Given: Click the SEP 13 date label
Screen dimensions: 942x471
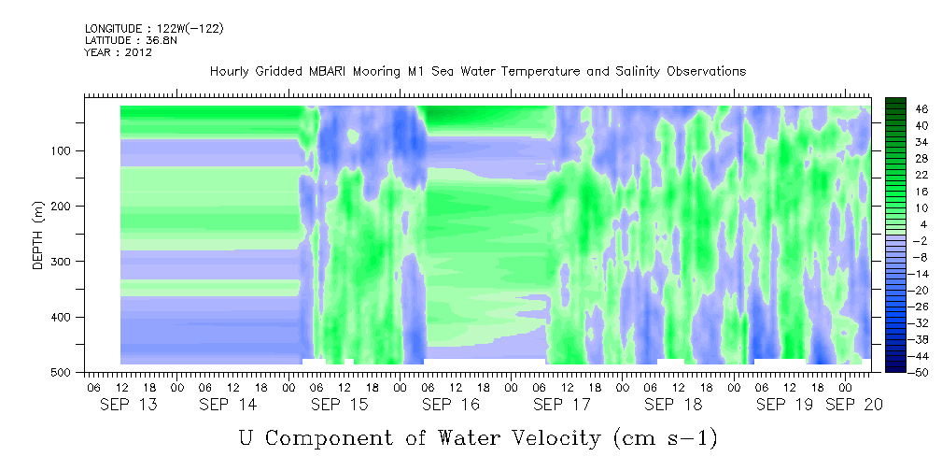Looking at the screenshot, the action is (129, 405).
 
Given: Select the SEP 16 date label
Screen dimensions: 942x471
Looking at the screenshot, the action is (451, 405).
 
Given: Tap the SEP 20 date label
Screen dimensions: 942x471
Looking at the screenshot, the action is (853, 405).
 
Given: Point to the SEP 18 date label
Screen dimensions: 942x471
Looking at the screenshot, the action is (673, 405).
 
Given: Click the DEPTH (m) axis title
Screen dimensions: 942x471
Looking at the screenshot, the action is (38, 234).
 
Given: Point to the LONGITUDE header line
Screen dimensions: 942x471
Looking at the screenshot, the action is (154, 28).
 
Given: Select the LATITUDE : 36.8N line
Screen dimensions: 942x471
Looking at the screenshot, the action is (131, 40).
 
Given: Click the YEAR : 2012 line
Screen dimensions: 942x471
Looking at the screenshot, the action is (119, 52).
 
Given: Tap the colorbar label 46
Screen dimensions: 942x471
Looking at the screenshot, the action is (906, 109).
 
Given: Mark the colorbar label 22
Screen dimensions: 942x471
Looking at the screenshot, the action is (906, 178).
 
